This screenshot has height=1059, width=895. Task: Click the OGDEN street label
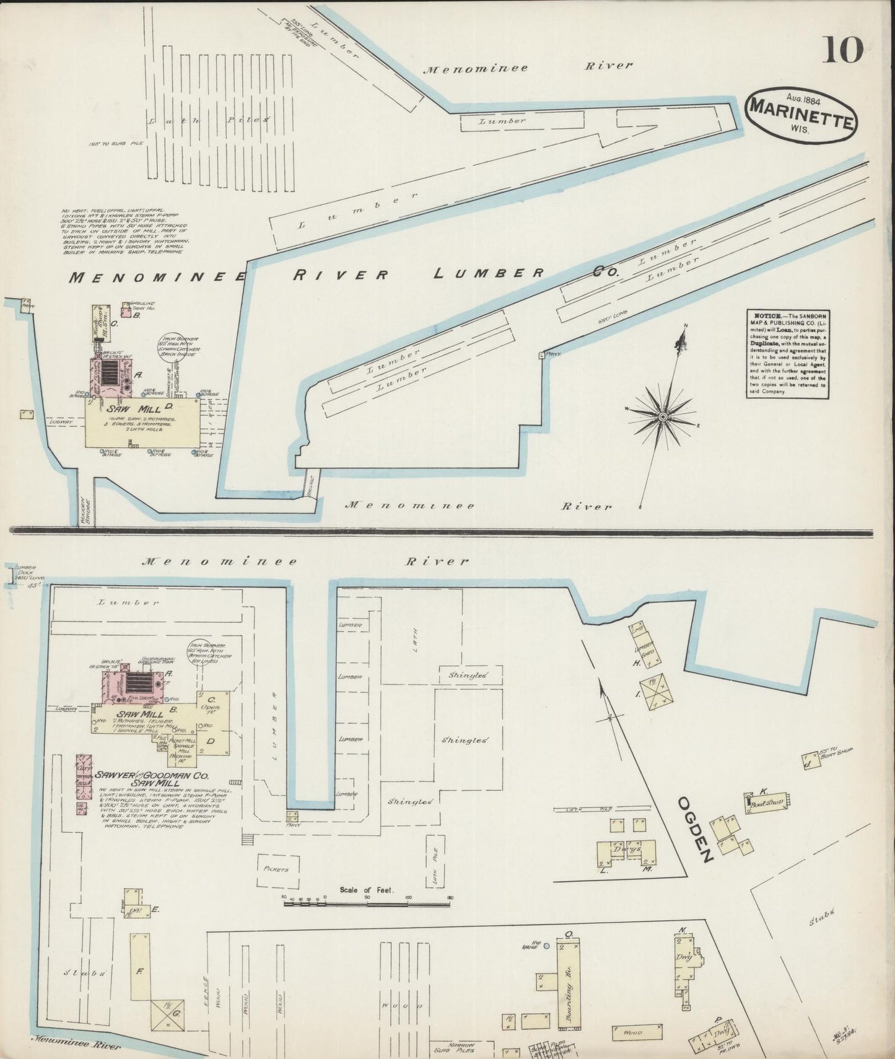click(696, 829)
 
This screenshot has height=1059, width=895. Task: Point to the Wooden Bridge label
click(85, 511)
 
